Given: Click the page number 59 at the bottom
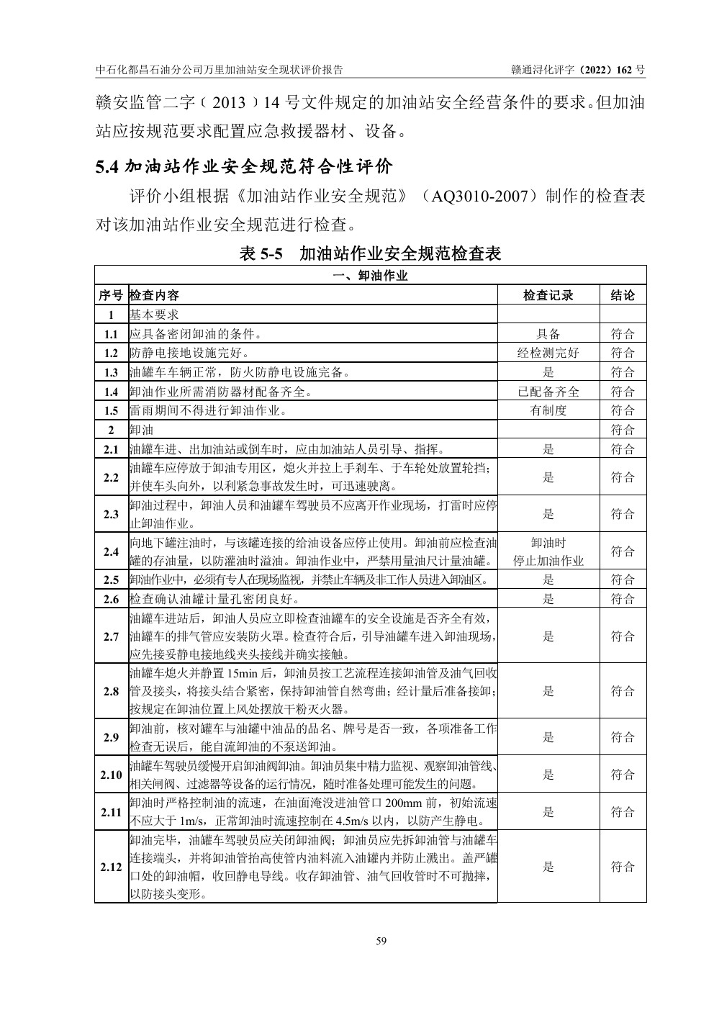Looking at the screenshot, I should [381, 940].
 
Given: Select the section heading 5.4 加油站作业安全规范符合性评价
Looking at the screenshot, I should [245, 168].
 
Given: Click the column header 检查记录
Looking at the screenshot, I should [548, 295].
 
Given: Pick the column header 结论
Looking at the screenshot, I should [623, 295].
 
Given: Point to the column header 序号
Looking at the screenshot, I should [111, 295].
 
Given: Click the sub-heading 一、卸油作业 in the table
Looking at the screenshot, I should [370, 276].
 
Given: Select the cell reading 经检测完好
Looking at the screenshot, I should [548, 353].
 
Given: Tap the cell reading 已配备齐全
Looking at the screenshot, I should [548, 392].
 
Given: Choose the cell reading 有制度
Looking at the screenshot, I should [548, 410].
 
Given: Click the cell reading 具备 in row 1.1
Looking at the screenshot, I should [548, 334].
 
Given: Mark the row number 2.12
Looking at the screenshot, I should [111, 867].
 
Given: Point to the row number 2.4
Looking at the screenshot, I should [111, 552].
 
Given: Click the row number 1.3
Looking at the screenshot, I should [111, 372].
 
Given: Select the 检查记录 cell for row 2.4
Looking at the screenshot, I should [548, 552].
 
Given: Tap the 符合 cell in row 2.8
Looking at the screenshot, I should [623, 691].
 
